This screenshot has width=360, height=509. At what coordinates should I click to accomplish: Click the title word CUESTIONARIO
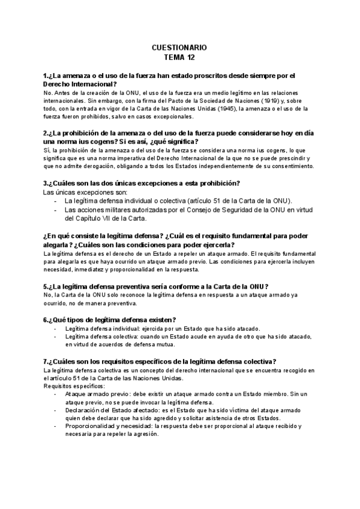(179, 47)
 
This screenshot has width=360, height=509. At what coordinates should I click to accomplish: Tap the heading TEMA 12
(179, 58)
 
